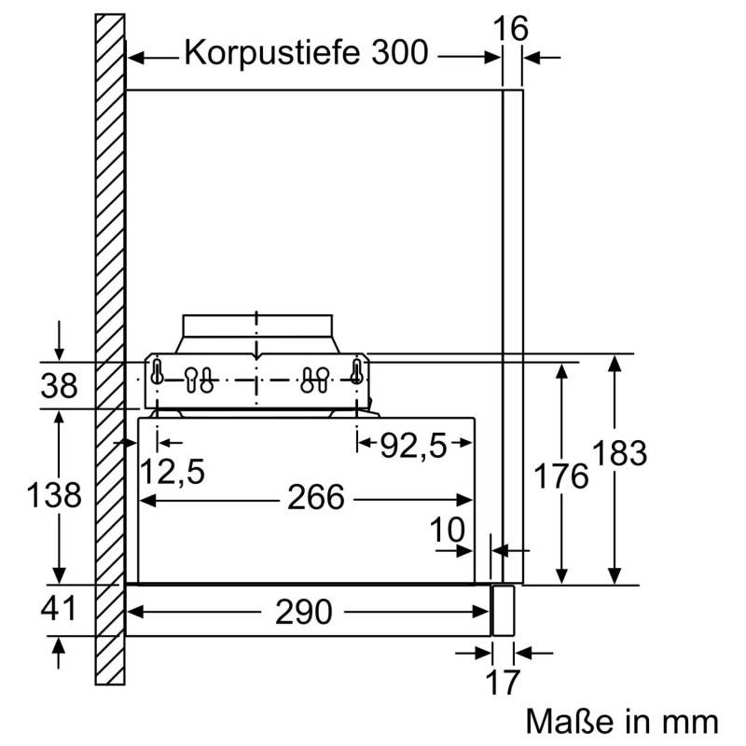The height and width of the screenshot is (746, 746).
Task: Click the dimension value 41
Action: tap(59, 610)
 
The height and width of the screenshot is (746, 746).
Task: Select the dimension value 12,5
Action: tap(173, 472)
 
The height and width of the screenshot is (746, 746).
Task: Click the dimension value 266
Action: tap(315, 497)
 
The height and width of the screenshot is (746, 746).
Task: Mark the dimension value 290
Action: tap(304, 612)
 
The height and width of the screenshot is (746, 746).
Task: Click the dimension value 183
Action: tap(617, 453)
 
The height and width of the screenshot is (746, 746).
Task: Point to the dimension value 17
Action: tap(502, 682)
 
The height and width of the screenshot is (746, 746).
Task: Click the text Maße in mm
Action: tap(622, 721)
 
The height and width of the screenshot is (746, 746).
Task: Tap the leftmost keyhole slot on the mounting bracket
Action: tap(158, 371)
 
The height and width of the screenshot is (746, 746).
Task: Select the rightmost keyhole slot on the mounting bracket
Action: tap(356, 371)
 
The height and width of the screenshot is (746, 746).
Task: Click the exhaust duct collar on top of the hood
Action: tap(256, 332)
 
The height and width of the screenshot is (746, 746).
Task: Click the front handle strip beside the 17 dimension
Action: tap(503, 611)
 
